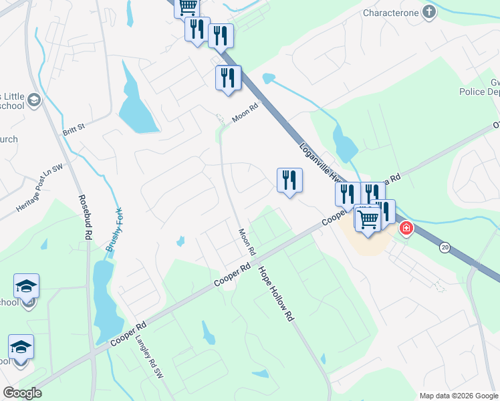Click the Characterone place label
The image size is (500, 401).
point(390,13)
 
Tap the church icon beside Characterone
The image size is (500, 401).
point(429,12)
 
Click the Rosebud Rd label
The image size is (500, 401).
point(84,217)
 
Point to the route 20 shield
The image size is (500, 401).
point(445,248)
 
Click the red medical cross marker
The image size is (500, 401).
point(406,229)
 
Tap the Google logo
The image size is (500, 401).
point(23,393)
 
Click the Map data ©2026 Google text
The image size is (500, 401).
point(459,395)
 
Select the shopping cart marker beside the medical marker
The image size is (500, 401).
point(368,217)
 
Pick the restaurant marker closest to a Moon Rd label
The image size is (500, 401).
point(228,78)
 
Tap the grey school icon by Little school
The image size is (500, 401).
point(35,100)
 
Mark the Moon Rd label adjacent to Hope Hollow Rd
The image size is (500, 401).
point(247,242)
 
